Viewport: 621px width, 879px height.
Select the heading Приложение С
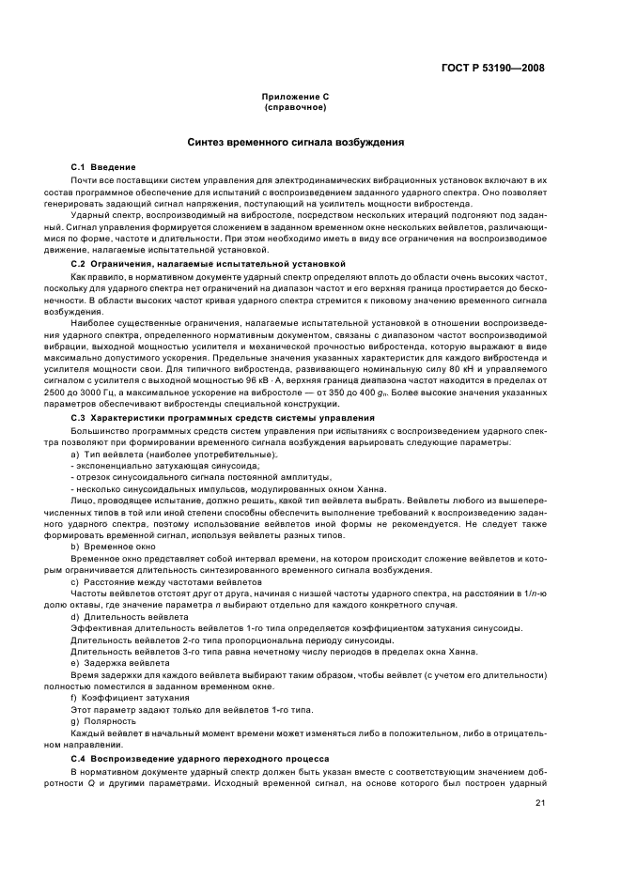[295, 98]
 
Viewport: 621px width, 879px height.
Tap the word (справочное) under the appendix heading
[295, 107]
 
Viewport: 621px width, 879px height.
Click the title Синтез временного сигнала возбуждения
[295, 143]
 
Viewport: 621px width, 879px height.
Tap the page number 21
[539, 803]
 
